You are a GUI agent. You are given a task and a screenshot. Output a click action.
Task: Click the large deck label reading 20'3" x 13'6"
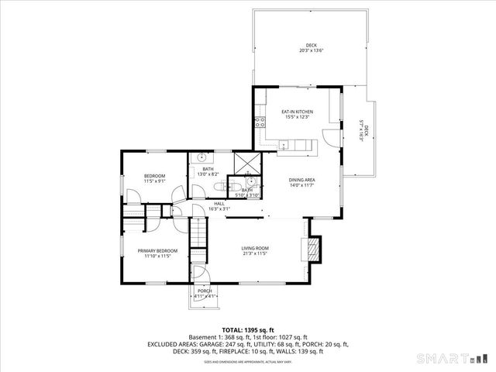pos(311,49)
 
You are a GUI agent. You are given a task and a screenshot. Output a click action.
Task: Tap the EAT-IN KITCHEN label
pos(297,115)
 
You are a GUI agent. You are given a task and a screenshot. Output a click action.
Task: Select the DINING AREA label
pos(302,181)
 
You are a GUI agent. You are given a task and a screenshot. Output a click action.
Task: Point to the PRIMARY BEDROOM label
pos(157,253)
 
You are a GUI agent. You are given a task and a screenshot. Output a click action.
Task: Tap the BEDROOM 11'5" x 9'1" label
pos(154,179)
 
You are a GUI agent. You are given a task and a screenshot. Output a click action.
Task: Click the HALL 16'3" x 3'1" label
pos(219,205)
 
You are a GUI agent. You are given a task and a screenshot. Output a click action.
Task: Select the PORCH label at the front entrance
pos(204,293)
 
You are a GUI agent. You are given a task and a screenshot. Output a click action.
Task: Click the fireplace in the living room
pos(313,250)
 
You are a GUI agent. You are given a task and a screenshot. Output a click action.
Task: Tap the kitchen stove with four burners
pos(271,120)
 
